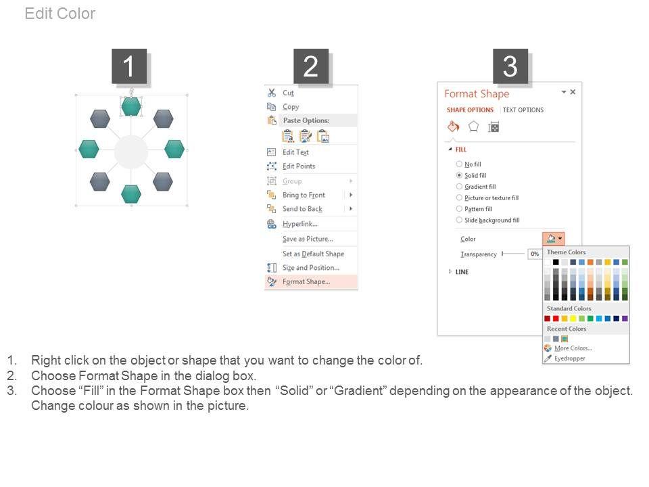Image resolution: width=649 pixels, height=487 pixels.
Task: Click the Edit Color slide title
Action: pos(60,14)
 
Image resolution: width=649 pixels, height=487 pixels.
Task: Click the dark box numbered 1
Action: pos(129,66)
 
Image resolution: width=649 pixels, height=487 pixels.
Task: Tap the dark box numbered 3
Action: pos(510,66)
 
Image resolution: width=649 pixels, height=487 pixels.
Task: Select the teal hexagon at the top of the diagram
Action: pos(131,106)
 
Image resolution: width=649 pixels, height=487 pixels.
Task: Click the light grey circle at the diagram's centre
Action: pos(130,152)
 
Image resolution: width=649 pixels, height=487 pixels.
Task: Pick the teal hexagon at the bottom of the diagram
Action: pos(131,194)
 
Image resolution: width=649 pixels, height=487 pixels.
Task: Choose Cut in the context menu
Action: pos(288,93)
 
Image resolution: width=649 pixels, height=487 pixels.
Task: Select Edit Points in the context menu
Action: pos(299,166)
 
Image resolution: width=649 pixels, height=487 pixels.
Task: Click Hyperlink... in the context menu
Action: pos(299,224)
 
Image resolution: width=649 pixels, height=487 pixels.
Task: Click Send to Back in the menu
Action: pos(302,209)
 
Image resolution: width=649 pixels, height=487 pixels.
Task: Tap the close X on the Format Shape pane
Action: pos(573,92)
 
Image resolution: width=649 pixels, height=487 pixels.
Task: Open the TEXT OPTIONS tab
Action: pos(523,110)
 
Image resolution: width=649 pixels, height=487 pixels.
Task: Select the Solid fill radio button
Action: pos(459,175)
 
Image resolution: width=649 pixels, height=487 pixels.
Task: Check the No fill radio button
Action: pos(459,164)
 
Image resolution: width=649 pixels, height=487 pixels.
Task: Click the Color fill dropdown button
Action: pos(554,239)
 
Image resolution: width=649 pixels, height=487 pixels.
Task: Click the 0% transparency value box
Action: pos(535,254)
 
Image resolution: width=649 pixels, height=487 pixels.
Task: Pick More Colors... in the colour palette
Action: pos(573,348)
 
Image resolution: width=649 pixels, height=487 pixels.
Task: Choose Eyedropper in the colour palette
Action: pos(569,358)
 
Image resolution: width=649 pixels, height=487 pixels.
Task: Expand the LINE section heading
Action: pos(462,272)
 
